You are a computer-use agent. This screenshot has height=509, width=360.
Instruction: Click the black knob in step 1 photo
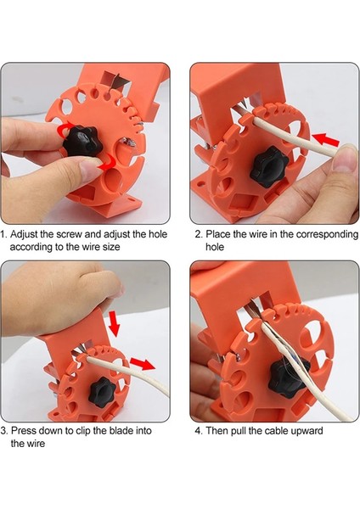(82, 141)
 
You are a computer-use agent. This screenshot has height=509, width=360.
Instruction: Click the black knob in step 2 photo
(269, 166)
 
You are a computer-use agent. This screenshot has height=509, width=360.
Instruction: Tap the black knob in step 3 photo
(103, 392)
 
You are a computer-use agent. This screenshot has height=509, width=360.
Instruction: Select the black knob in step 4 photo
(285, 377)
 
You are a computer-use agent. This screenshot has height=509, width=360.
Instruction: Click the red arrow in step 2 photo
(325, 140)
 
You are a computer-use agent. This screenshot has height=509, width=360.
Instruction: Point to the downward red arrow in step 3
(114, 322)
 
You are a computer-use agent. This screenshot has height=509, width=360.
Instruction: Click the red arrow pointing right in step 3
(143, 364)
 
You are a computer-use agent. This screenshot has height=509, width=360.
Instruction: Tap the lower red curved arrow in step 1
(107, 162)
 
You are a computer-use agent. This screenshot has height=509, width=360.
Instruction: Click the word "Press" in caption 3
(24, 431)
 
